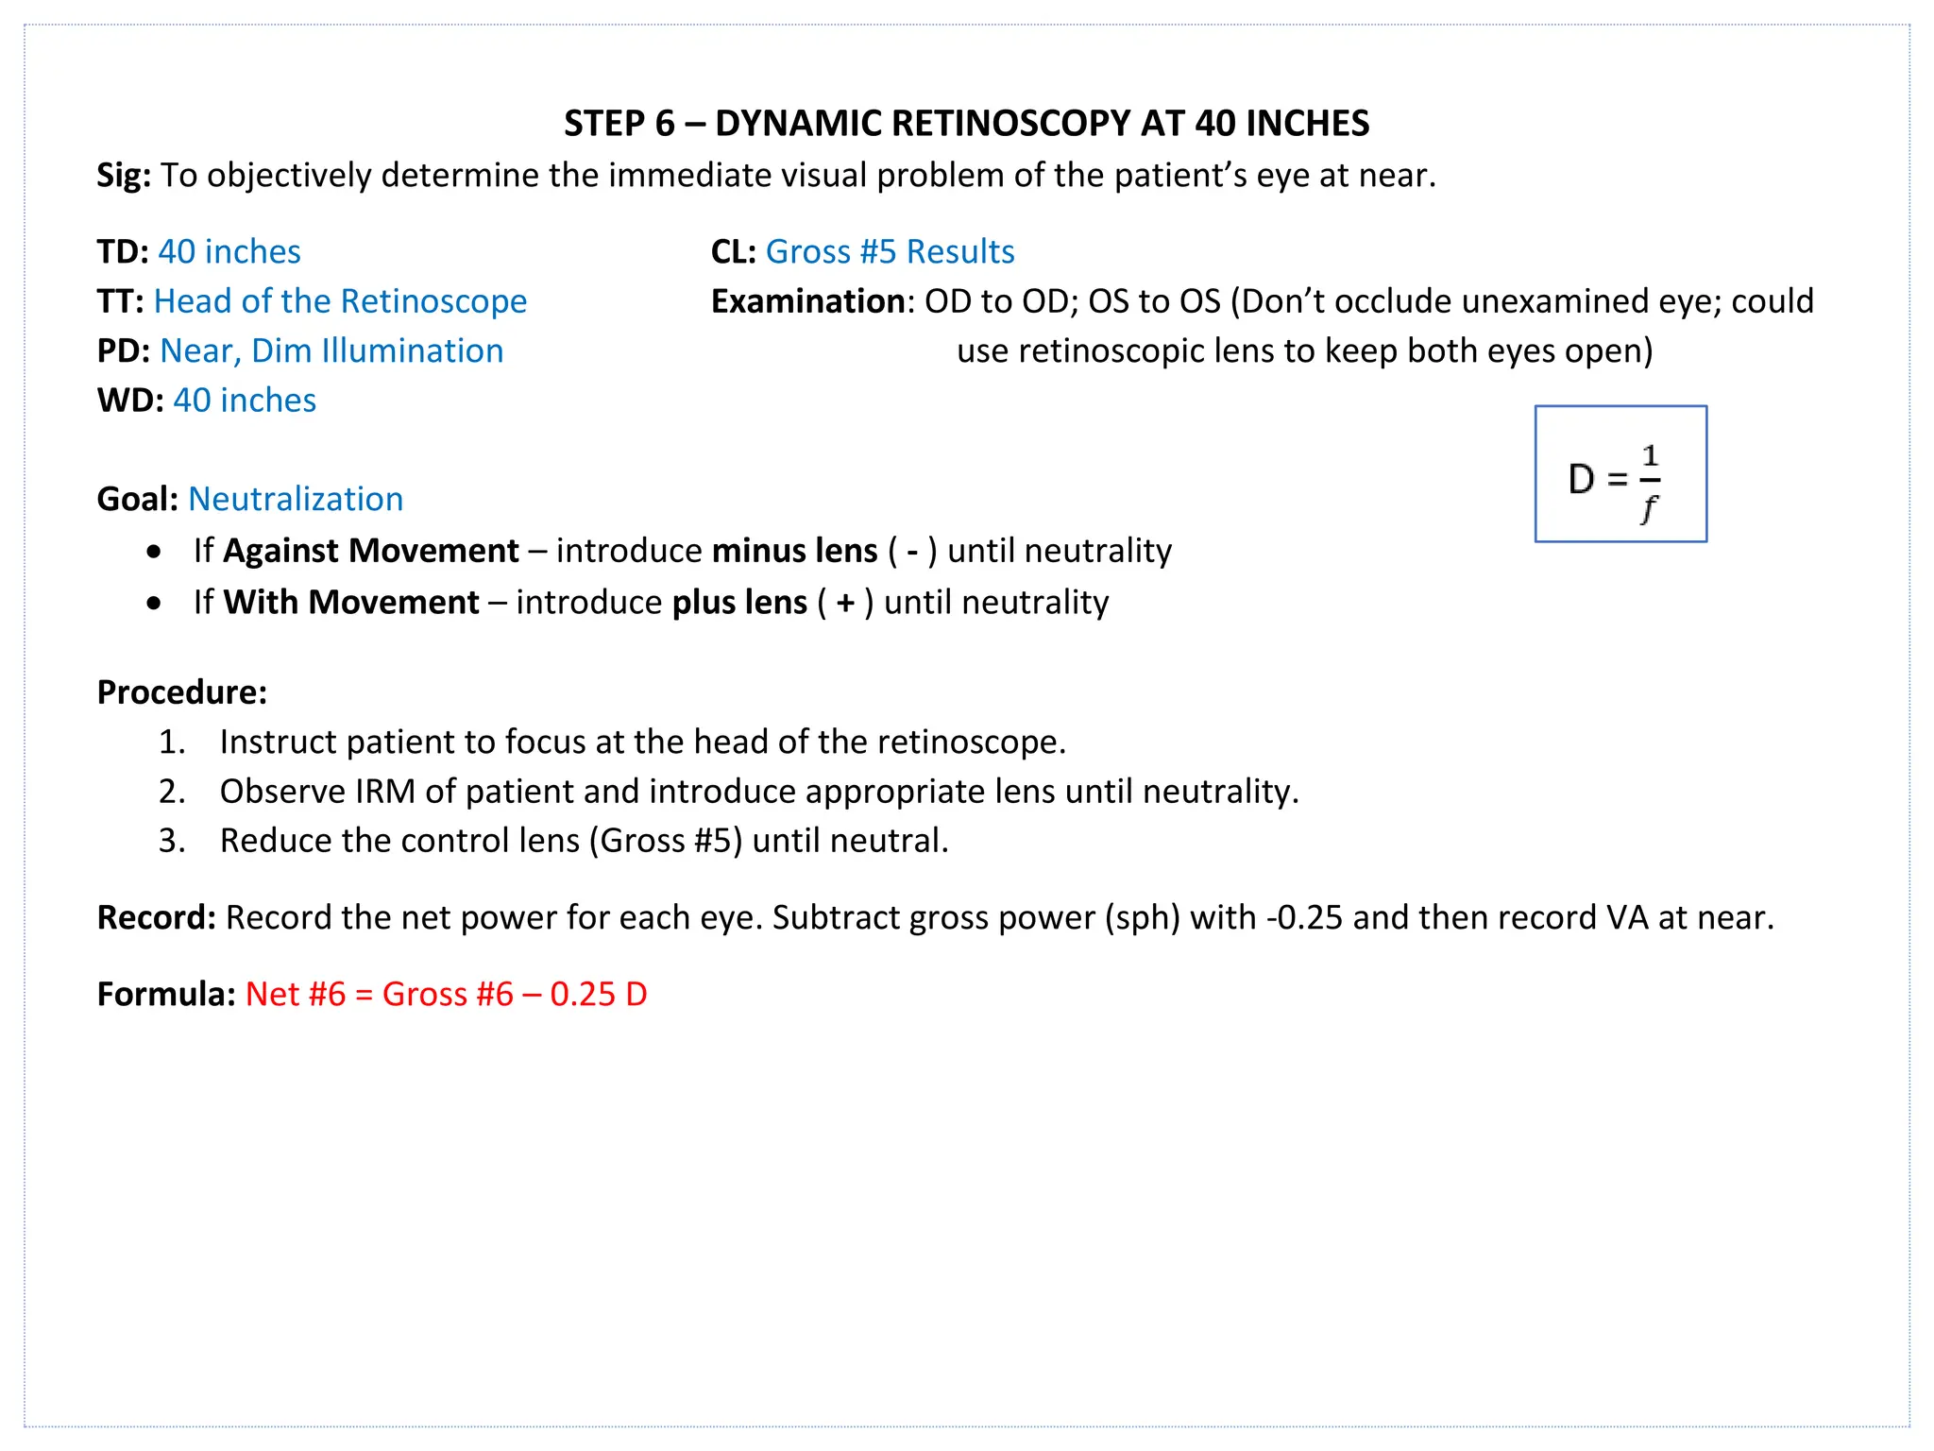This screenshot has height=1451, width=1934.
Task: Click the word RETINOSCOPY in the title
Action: click(x=1009, y=124)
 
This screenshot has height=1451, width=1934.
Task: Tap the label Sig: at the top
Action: click(x=124, y=176)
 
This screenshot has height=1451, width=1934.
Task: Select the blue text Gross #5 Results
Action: click(x=890, y=252)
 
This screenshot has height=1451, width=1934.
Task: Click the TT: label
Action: click(x=120, y=301)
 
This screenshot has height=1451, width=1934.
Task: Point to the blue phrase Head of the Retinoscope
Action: click(x=340, y=301)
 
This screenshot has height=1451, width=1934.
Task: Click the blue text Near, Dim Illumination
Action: click(x=331, y=351)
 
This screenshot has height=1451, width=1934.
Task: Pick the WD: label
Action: click(x=130, y=401)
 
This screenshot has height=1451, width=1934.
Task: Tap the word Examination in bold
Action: click(x=808, y=301)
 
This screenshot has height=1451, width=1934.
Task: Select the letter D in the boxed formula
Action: click(x=1581, y=479)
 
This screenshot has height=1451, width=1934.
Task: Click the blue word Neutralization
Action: click(x=296, y=500)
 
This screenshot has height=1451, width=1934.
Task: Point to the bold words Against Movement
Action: click(x=370, y=551)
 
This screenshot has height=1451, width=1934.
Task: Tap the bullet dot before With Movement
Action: click(x=154, y=603)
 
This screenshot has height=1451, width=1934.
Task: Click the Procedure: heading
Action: click(x=182, y=692)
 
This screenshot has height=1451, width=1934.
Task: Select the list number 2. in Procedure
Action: click(x=172, y=792)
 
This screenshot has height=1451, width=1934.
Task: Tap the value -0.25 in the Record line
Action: click(x=1304, y=918)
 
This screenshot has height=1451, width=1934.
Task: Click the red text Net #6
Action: click(x=296, y=995)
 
